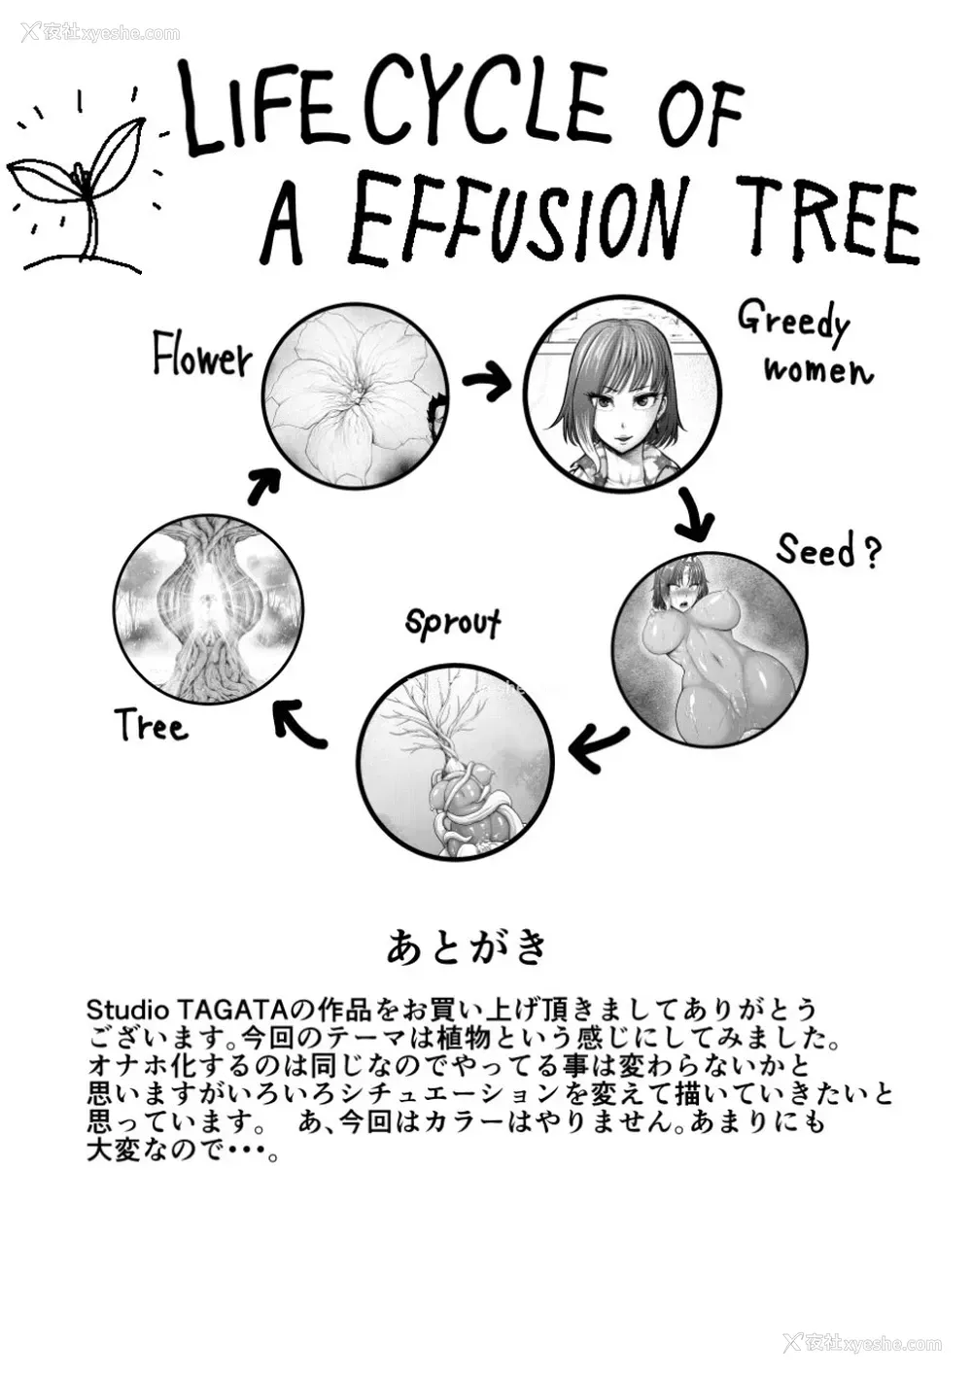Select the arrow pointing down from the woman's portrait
point(694,517)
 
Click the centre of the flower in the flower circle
point(357,399)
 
